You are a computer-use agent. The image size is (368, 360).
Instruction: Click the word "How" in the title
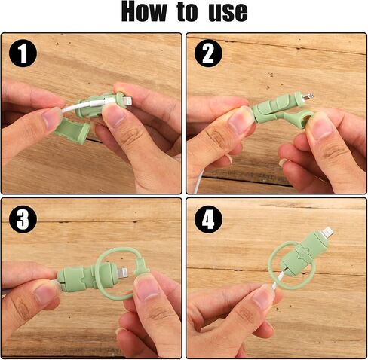coord(144,11)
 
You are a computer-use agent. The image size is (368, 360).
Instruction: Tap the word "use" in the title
coord(228,13)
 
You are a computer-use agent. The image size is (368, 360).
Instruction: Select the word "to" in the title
coord(187,12)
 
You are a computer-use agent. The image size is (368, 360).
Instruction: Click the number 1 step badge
coord(23,53)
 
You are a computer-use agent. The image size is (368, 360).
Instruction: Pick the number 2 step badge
coord(208,53)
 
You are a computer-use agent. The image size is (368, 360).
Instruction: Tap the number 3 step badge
coord(23,219)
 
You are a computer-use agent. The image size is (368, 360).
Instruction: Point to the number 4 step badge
coord(208,219)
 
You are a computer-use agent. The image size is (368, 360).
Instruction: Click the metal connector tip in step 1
coord(127,101)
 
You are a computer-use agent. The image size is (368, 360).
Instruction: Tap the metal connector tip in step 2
coord(308,96)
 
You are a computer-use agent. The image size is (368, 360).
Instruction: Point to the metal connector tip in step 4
coord(327,232)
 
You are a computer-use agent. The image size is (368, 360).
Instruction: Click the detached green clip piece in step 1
coord(72,131)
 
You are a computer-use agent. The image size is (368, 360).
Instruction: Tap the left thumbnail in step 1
coord(51,119)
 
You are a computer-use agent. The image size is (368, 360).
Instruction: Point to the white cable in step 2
coord(199,181)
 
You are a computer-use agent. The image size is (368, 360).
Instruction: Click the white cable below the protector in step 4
coord(278,279)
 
